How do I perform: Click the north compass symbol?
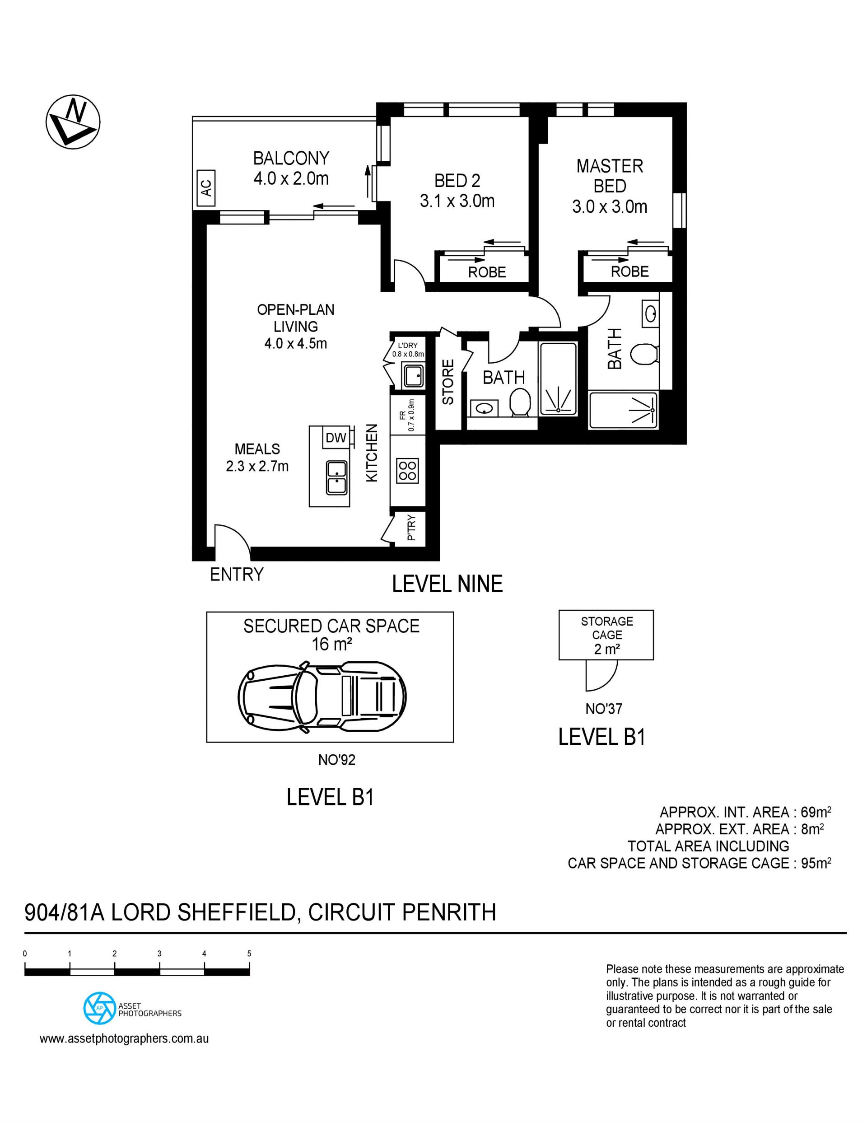[73, 122]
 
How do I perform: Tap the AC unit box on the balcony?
[205, 188]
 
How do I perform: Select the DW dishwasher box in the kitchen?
[336, 438]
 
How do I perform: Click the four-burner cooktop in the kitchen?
[407, 471]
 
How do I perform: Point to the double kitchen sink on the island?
[336, 477]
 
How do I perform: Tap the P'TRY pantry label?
[411, 528]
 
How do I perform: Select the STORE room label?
[448, 382]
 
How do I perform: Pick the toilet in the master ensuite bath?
[644, 354]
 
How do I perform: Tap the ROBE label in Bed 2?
[487, 272]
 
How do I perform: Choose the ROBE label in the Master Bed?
[630, 272]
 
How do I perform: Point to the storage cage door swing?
[601, 676]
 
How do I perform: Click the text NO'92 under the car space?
[336, 760]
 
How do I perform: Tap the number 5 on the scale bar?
[249, 954]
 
